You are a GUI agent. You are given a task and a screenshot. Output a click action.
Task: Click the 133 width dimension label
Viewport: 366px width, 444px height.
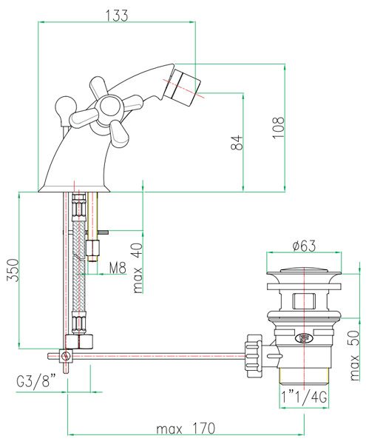[117, 16]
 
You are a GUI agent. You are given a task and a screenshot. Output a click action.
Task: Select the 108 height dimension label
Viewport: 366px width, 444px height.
[278, 127]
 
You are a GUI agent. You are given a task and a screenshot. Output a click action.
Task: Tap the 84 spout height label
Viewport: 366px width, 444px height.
[237, 142]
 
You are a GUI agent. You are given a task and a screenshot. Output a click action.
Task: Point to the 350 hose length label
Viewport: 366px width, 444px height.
[13, 270]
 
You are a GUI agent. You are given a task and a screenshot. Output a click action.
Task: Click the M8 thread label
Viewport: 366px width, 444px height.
[118, 267]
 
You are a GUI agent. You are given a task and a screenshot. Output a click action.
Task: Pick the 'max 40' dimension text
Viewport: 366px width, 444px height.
[138, 268]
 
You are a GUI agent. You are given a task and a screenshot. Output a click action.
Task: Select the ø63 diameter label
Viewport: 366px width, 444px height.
[304, 246]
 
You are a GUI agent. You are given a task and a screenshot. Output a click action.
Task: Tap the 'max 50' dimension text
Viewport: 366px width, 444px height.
[354, 355]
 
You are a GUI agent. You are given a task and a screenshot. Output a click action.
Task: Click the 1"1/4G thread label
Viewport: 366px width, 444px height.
[304, 397]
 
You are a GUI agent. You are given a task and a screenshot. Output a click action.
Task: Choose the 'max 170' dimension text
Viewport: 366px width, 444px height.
[186, 428]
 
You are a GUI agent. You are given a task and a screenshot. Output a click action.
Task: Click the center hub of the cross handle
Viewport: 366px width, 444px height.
[109, 107]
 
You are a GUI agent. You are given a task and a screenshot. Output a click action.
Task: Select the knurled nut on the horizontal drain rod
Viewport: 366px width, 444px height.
[254, 356]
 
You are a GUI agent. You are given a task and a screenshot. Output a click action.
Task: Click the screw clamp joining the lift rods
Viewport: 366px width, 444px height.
[66, 356]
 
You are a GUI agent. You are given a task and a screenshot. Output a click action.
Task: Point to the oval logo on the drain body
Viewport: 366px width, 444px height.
[304, 337]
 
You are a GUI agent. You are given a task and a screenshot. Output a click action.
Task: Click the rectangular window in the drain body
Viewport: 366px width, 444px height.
[304, 301]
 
